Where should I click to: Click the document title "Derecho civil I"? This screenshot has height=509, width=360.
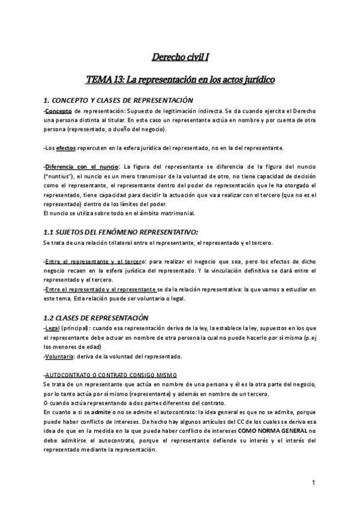pos(179,58)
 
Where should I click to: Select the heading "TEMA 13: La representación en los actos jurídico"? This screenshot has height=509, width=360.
pos(179,79)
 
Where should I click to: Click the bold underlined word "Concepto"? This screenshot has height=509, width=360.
pos(59,112)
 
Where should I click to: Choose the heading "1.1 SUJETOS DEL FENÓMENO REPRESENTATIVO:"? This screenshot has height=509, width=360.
pos(121,232)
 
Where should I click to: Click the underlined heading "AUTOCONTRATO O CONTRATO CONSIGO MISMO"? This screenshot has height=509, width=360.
pos(103,374)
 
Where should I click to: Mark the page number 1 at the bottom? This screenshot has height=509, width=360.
pos(314,483)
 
